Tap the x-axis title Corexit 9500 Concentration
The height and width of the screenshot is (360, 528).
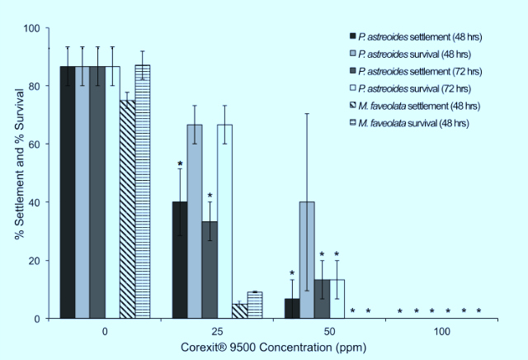[x=273, y=348]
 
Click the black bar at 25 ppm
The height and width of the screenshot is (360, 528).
[x=179, y=260]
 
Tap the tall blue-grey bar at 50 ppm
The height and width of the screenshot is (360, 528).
[x=307, y=260]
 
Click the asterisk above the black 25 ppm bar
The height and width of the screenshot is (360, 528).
[x=179, y=165]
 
